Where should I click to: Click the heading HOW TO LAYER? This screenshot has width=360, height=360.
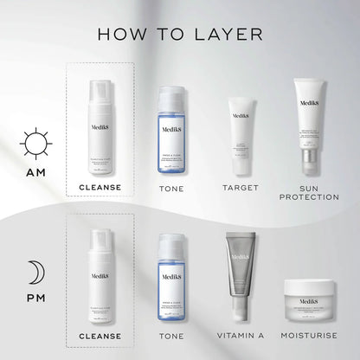click(180, 35)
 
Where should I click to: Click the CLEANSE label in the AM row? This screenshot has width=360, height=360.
click(100, 188)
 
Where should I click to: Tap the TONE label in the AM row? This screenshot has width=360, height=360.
click(171, 188)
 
